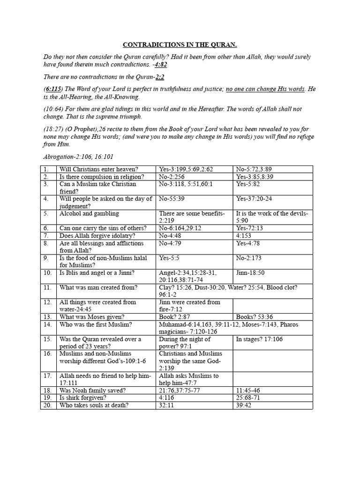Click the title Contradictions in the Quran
(x=180, y=45)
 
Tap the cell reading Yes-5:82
(x=248, y=184)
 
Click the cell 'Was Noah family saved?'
(x=94, y=390)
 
